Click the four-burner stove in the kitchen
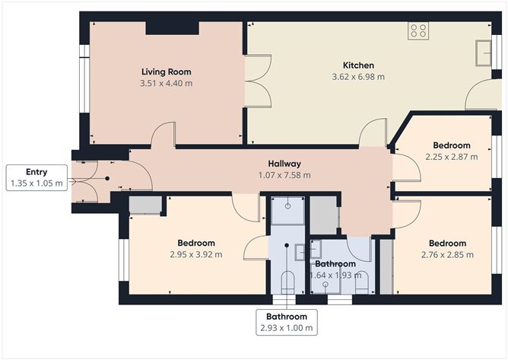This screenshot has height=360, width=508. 418,30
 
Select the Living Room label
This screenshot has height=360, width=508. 166,72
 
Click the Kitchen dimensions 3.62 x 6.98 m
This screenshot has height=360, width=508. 358,77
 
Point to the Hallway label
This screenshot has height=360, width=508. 284,164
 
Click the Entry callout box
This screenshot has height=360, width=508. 36,178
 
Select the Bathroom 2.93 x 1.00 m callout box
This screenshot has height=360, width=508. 286,322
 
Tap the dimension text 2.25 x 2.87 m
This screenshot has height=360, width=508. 452,157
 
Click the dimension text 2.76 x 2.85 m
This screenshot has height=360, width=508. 447,254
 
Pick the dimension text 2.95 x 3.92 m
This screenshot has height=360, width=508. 197,254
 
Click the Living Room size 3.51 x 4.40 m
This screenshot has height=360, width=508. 166,83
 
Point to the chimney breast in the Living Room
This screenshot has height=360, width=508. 172,27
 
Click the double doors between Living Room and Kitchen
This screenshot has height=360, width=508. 259,81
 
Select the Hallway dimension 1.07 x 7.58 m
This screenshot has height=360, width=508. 284,175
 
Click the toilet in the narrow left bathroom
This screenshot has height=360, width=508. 287,284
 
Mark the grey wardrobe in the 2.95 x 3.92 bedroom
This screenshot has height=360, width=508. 144,204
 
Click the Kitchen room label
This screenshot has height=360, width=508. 358,65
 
